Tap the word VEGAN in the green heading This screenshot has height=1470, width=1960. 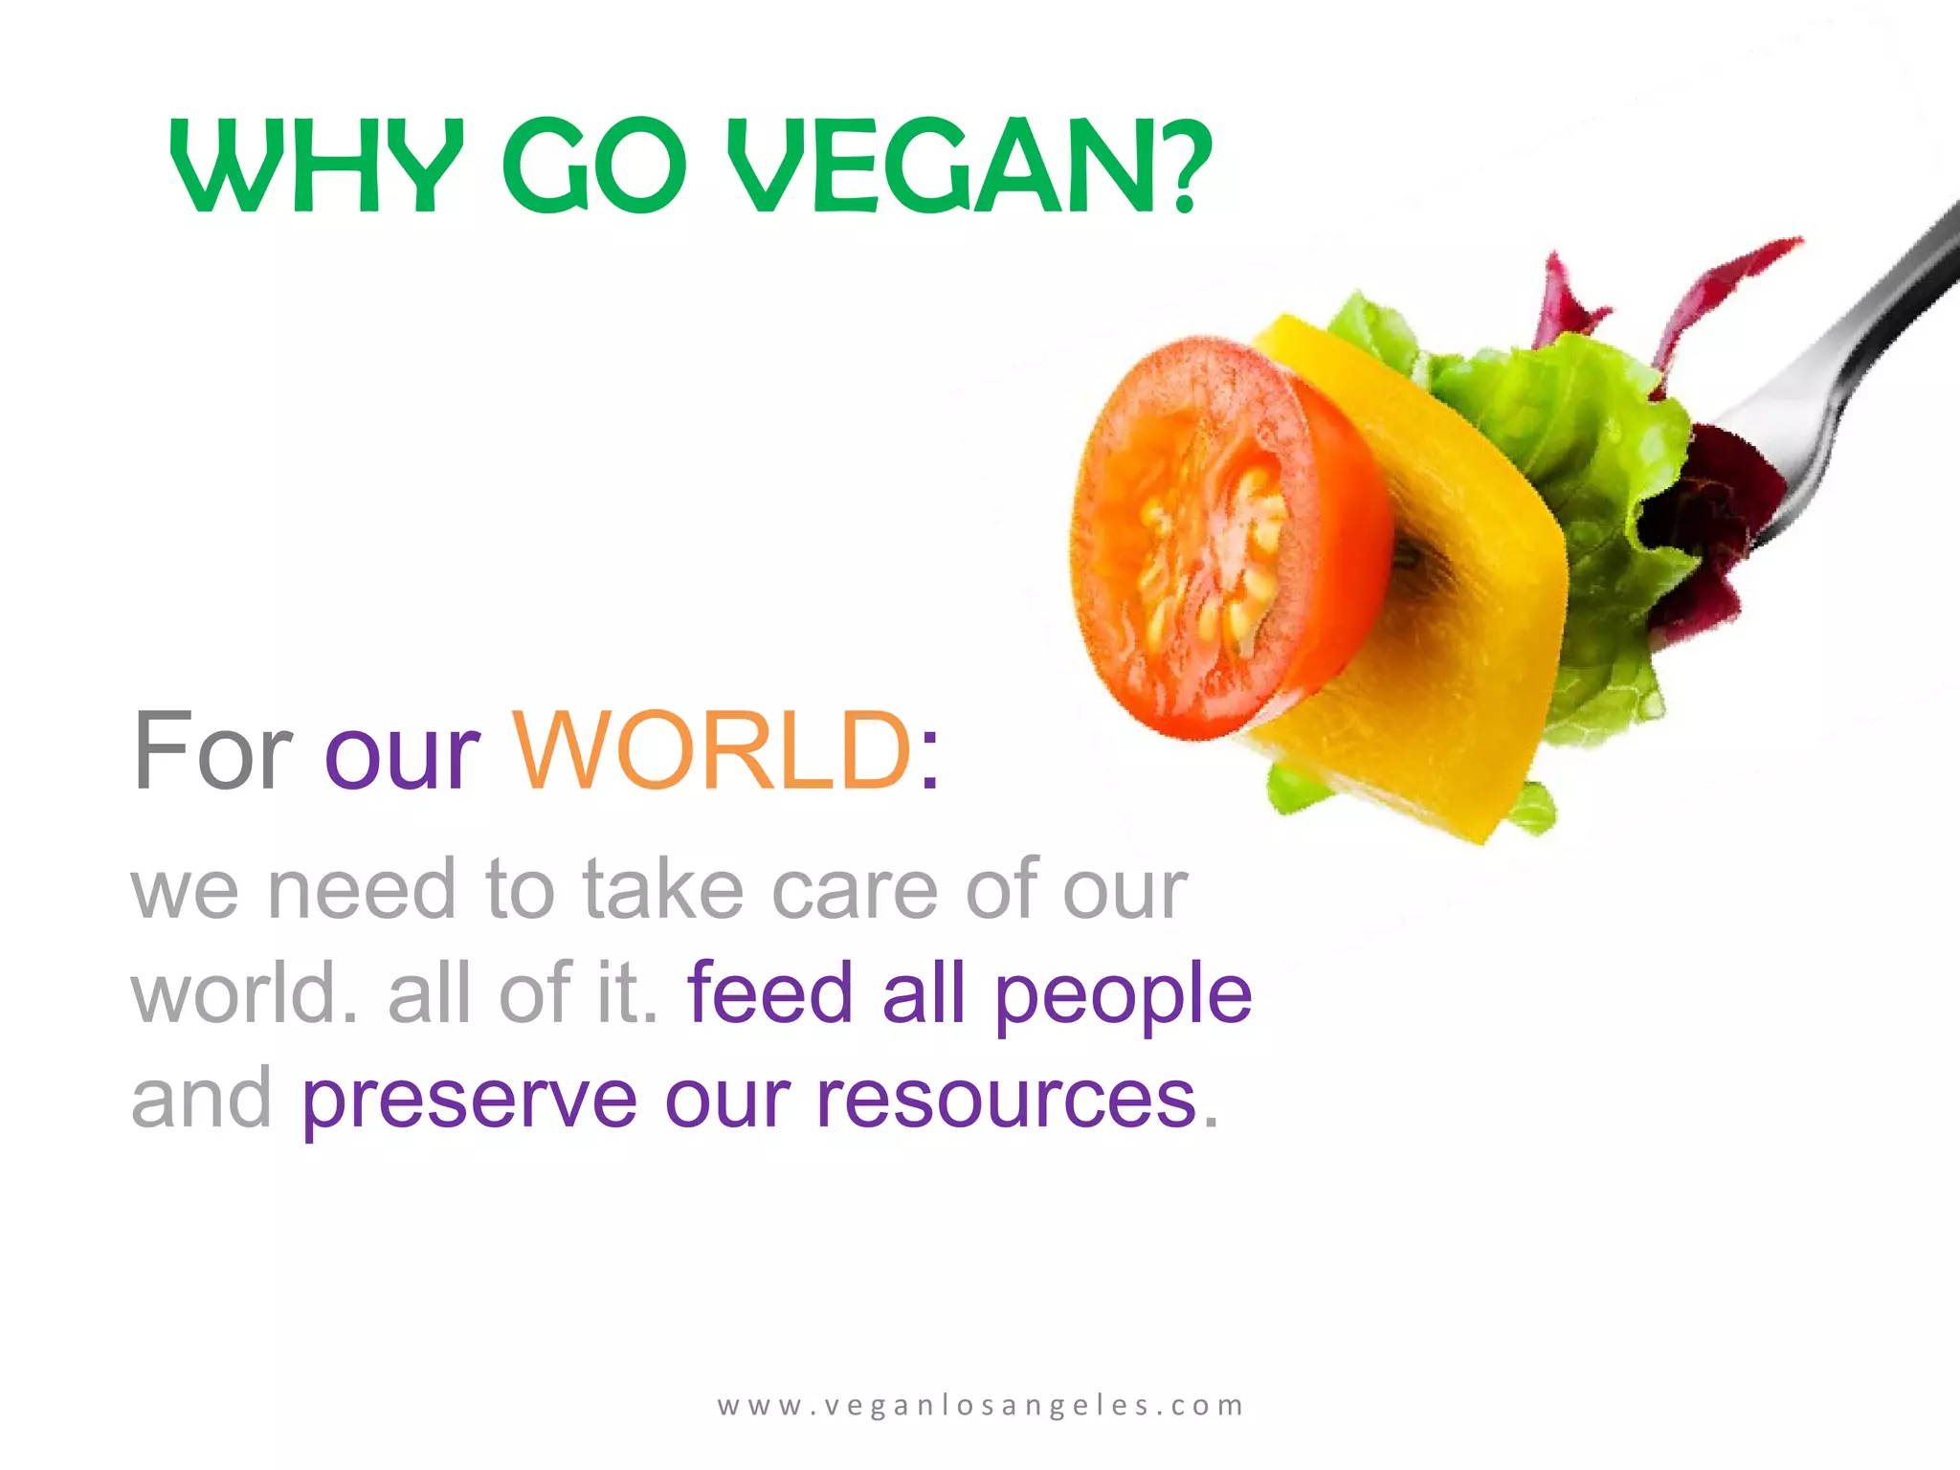tap(943, 167)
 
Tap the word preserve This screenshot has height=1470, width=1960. tap(469, 1101)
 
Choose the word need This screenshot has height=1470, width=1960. tap(361, 890)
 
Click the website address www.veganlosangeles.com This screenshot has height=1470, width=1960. tap(981, 1405)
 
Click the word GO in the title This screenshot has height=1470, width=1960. tap(593, 167)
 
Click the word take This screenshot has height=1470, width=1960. tap(662, 890)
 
